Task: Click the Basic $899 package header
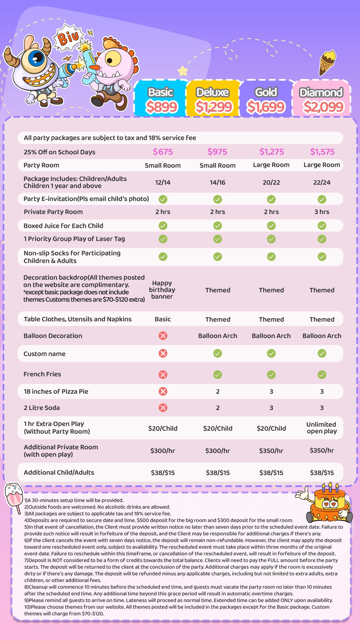pos(161,99)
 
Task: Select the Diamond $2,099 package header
pos(321,99)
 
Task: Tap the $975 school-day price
pos(217,152)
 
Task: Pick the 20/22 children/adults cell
pos(271,182)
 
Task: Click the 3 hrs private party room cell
pos(322,212)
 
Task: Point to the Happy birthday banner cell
pos(162,290)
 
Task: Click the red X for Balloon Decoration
pos(163,336)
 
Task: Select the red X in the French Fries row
pos(163,375)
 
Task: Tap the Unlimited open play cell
pos(322,428)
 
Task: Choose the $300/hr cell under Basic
pos(163,451)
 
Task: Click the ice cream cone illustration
pos(327,62)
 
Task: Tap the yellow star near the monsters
pos(183,71)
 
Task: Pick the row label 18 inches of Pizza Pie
pos(56,391)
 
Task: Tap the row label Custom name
pos(44,354)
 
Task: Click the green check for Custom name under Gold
pos(271,353)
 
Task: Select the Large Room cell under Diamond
pos(322,165)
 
